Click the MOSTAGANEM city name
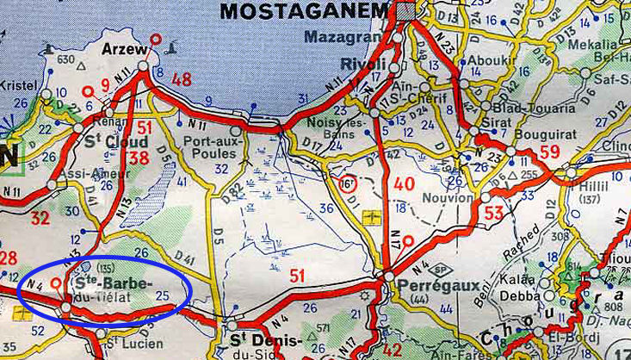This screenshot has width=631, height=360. tap(306, 11)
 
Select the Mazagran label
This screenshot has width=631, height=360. tap(338, 37)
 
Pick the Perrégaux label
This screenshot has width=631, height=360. tap(424, 286)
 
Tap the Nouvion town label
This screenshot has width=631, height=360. tap(448, 198)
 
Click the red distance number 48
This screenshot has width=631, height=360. tap(181, 80)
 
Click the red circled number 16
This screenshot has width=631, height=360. tap(345, 183)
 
